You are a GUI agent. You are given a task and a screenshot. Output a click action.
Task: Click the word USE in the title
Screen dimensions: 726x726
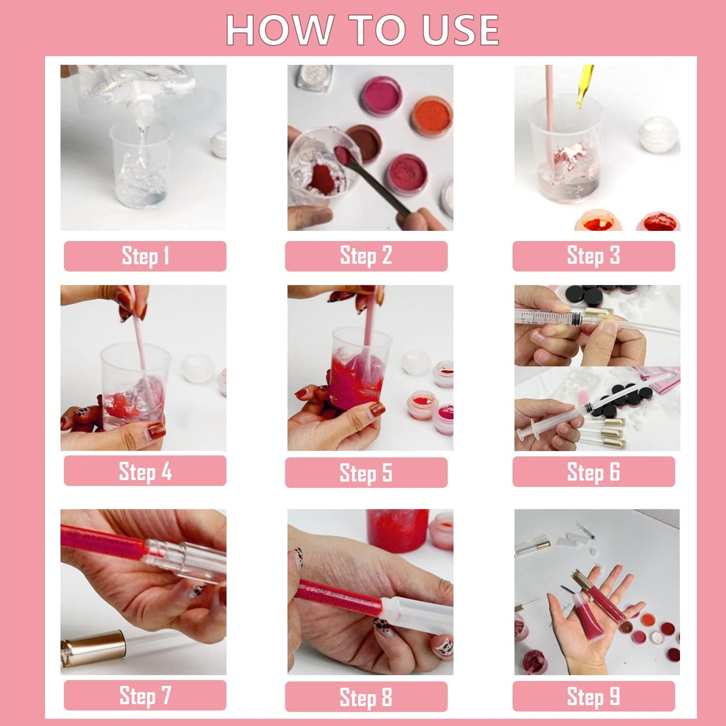coord(460,30)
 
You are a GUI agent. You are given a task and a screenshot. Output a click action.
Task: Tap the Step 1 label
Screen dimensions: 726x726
coord(145,256)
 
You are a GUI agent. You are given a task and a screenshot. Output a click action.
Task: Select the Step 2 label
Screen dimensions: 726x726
coord(366,256)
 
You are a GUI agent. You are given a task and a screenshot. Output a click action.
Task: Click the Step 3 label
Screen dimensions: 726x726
coord(593,256)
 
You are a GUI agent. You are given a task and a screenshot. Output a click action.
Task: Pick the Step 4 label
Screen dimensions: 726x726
coord(145,471)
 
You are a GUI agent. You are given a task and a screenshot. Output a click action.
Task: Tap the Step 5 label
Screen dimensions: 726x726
coord(366,472)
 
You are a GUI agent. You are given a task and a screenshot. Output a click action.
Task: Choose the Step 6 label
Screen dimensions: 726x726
coord(593,472)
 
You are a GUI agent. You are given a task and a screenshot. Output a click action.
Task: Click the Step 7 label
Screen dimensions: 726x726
coord(145,696)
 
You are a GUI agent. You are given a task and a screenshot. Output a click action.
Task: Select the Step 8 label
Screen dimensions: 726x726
coord(366,697)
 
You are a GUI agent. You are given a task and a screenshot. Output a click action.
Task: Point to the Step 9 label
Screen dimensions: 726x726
coord(593,696)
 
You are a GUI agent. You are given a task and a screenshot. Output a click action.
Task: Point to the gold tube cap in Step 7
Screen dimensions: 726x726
coord(93,649)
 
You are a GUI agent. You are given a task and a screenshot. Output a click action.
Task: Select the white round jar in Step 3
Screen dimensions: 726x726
coord(657,134)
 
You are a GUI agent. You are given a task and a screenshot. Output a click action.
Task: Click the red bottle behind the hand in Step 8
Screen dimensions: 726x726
coord(397,529)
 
